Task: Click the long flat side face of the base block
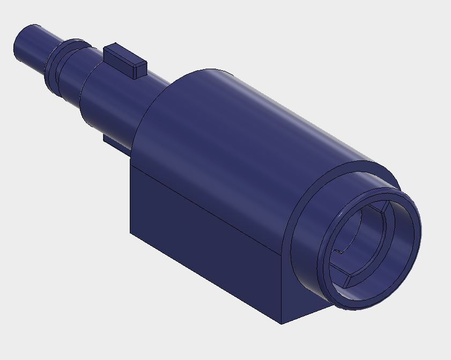coord(204,236)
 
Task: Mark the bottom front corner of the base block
coord(282,324)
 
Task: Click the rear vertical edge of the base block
coord(130,199)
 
